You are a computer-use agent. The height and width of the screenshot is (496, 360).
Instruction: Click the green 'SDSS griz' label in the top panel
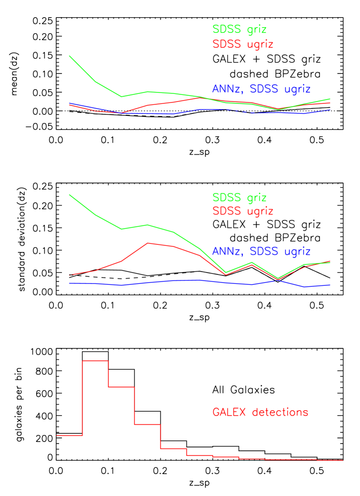pos(239,30)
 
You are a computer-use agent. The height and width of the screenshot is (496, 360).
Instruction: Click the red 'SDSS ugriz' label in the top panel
pos(243,44)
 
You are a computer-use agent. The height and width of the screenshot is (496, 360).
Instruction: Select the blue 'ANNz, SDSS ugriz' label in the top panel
pos(261,89)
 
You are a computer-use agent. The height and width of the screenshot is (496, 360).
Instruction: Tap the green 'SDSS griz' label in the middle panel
pos(239,197)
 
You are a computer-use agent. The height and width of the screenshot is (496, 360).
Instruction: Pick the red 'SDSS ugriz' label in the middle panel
pos(243,211)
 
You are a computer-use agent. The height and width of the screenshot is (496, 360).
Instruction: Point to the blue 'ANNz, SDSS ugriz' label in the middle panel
pos(261,252)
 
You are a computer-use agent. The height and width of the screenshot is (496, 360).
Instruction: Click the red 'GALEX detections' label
pos(260,412)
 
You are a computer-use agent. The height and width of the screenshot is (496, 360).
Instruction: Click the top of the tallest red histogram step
pos(95,361)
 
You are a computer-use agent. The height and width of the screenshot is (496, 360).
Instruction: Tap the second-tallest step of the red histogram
pos(121,387)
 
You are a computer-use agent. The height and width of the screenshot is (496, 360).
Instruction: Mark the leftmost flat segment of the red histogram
pos(70,435)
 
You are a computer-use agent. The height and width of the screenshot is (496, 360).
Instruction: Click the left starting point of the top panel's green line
pos(70,56)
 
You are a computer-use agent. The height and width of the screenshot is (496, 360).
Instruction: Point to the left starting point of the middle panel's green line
pos(70,194)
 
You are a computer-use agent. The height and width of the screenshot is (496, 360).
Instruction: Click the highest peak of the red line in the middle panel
pos(148,243)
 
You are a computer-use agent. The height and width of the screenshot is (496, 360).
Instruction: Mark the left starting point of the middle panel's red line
pos(70,275)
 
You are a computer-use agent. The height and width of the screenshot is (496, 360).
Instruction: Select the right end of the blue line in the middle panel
pos(330,285)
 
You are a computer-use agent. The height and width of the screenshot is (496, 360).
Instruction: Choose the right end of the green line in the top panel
pos(330,99)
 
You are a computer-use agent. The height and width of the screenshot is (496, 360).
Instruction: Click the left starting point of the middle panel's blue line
pos(70,283)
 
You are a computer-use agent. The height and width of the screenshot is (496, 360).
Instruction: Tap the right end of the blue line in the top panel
pos(330,110)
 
